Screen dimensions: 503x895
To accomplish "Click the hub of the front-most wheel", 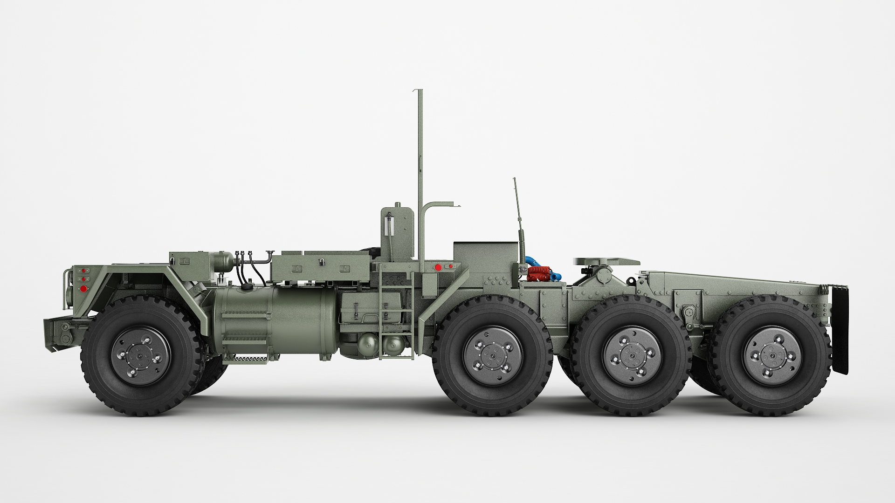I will click(x=140, y=355).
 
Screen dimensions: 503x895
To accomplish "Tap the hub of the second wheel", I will click(x=493, y=355).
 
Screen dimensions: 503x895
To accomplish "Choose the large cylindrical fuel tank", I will click(x=275, y=317).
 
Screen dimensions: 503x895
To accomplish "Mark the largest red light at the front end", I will click(x=83, y=289).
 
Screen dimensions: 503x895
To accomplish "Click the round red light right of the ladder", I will click(x=438, y=267).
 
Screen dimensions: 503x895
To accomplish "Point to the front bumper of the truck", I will click(x=63, y=333).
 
